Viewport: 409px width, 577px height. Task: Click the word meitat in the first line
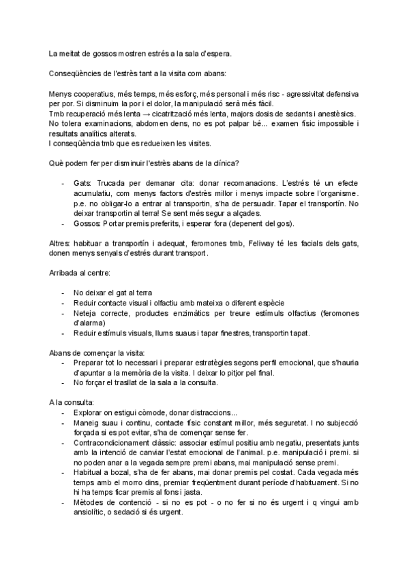(72, 52)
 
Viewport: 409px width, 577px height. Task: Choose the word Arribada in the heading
(65, 273)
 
